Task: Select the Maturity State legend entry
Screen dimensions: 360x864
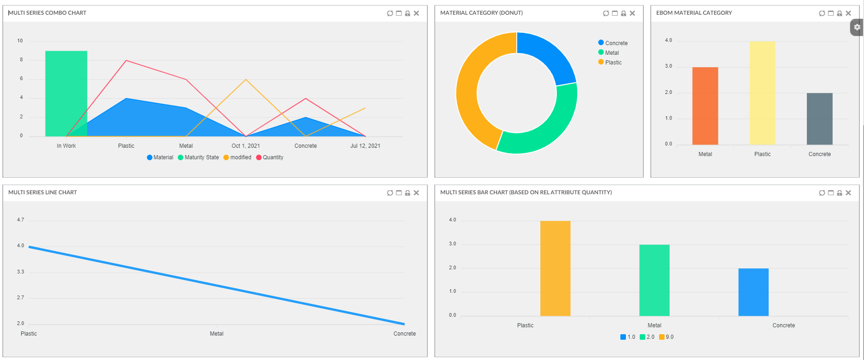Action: pos(198,157)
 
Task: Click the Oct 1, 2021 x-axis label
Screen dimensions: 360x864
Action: pos(245,146)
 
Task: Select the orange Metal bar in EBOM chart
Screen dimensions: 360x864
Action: pos(705,106)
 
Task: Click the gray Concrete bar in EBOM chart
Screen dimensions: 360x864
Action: pos(819,119)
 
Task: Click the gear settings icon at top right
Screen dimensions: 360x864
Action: pos(857,27)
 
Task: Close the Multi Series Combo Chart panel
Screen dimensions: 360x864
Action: pos(416,13)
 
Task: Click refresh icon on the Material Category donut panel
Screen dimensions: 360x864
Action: pos(606,13)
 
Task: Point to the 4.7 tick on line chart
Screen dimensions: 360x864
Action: pos(21,220)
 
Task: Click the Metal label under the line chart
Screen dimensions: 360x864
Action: pos(216,334)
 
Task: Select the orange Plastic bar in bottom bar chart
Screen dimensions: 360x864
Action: pos(555,268)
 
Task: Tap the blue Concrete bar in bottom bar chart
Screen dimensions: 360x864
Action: pos(753,292)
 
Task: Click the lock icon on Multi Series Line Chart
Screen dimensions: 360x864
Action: pos(408,193)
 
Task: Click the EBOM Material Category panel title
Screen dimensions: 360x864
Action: pos(694,13)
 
